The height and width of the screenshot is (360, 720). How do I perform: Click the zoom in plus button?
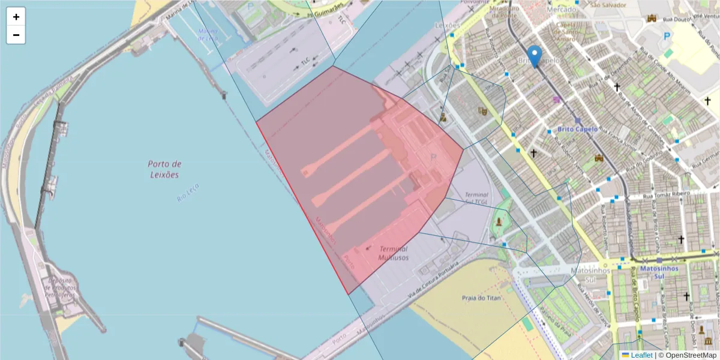[x=16, y=17]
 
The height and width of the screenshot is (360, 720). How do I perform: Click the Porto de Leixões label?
[x=164, y=169]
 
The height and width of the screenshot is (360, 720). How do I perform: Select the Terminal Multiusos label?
[x=393, y=253]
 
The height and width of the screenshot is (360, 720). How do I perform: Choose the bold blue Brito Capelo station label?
[x=578, y=129]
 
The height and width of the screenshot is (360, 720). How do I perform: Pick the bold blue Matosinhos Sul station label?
[x=659, y=272]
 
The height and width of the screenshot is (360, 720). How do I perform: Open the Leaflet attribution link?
[x=641, y=355]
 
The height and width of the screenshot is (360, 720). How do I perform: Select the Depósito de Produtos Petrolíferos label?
[x=60, y=288]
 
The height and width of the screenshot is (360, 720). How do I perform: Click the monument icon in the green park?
[x=499, y=222]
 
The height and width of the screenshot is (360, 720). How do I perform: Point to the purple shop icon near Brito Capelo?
[x=556, y=100]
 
